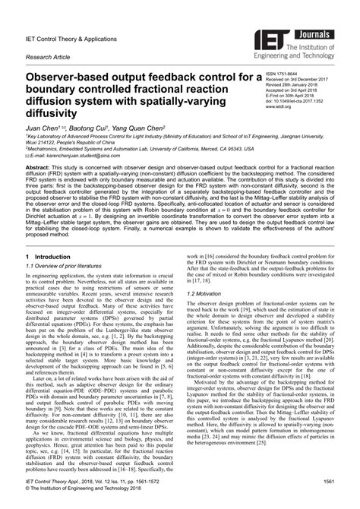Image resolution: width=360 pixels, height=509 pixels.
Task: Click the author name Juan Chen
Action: point(44,130)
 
